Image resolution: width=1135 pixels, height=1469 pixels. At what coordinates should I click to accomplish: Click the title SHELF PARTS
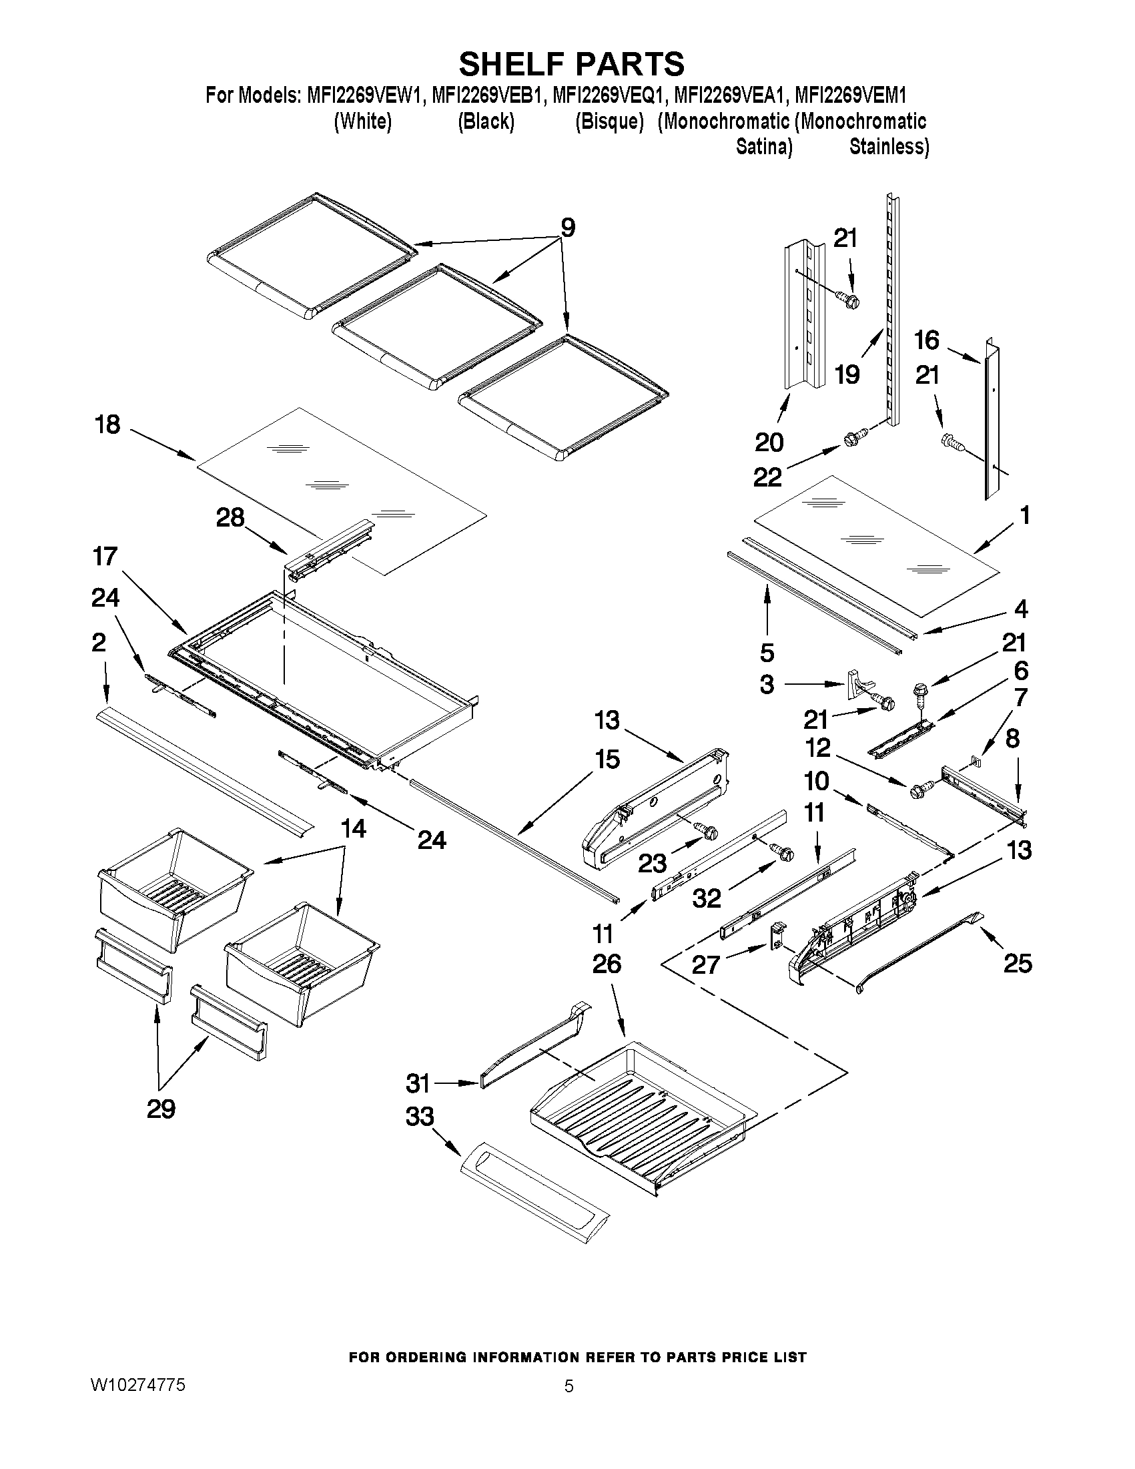[572, 64]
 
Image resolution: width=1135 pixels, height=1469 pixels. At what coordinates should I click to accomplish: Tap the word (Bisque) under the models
[609, 121]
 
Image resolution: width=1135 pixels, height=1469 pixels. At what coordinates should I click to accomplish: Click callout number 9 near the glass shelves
[567, 229]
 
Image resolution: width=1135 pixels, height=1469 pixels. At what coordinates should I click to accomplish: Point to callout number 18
[107, 425]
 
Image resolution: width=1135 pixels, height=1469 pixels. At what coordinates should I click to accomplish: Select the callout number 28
[230, 518]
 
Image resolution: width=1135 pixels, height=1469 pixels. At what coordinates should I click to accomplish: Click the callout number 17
[105, 557]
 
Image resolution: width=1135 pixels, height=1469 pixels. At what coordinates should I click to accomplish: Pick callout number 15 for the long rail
[607, 760]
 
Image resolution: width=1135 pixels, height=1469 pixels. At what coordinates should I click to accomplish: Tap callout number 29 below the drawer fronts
[161, 1109]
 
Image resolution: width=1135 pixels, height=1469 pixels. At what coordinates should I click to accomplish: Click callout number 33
[420, 1117]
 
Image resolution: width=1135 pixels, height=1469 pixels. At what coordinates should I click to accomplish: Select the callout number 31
[418, 1084]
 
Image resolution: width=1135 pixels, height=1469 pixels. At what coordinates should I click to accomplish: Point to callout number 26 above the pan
[607, 964]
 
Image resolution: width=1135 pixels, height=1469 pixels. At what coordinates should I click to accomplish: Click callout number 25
[1018, 964]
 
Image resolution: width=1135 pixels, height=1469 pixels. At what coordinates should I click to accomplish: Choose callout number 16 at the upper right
[927, 340]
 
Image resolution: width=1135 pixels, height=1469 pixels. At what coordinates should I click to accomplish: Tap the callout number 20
[769, 443]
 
